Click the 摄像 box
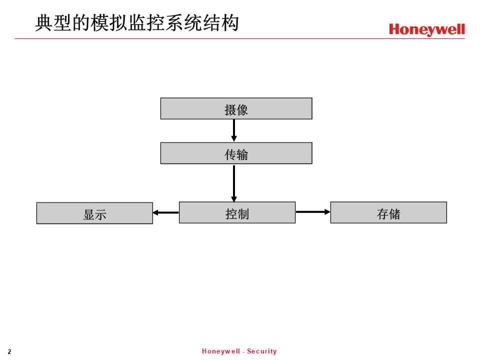pos(236,108)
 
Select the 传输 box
pos(236,153)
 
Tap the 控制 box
pos(237,212)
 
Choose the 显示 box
pos(94,213)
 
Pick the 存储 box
pos(388,212)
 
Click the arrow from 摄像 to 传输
pos(234,130)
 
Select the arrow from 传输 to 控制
pos(234,183)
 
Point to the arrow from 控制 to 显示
pos(165,212)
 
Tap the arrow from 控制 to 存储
pos(313,212)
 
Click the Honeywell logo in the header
pos(426,29)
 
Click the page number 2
pos(9,351)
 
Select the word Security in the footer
pos(261,351)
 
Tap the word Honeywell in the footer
pos(220,351)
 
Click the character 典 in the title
pos(44,23)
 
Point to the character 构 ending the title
pos(230,23)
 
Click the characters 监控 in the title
pos(146,23)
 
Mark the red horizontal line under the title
pos(239,39)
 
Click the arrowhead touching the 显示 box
pos(155,212)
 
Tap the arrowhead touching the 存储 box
pos(327,212)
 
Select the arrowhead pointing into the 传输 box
pos(234,139)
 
